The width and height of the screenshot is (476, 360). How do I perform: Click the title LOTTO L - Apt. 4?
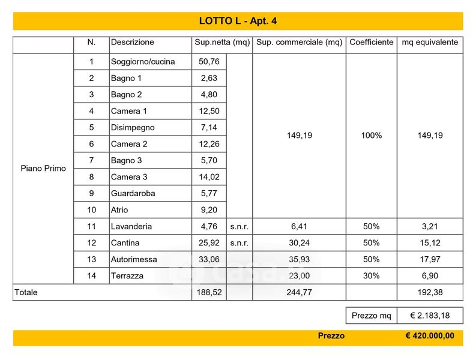[x=238, y=21]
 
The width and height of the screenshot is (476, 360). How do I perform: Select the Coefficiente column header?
[x=371, y=43]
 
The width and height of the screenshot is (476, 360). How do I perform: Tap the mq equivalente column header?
[x=429, y=43]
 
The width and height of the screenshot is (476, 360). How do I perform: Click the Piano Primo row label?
[x=43, y=169]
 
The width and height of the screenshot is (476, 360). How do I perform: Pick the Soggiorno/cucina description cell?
[x=143, y=62]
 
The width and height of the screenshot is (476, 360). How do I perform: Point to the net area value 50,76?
[x=208, y=62]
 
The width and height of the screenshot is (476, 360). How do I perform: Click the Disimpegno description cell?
[x=133, y=128]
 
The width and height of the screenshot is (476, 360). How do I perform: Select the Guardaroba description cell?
[x=133, y=194]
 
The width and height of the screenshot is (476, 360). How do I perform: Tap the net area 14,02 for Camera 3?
[x=208, y=177]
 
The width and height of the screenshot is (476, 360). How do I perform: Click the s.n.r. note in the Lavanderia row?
[x=240, y=227]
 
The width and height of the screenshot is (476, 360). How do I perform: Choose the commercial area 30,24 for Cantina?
[x=299, y=243]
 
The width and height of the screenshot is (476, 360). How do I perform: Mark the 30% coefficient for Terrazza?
[x=371, y=276]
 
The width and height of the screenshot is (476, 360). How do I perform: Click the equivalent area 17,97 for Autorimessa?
[x=430, y=260]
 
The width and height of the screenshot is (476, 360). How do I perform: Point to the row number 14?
[x=91, y=276]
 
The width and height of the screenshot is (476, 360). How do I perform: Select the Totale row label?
[x=26, y=293]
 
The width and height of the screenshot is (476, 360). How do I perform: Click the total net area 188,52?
[x=208, y=293]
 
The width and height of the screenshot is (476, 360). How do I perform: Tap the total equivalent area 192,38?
[x=430, y=293]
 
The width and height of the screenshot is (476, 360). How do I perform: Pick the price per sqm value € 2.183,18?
[x=430, y=316]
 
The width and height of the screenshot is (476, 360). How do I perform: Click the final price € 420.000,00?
[x=430, y=337]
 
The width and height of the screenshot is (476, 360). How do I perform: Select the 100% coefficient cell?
[x=371, y=136]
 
